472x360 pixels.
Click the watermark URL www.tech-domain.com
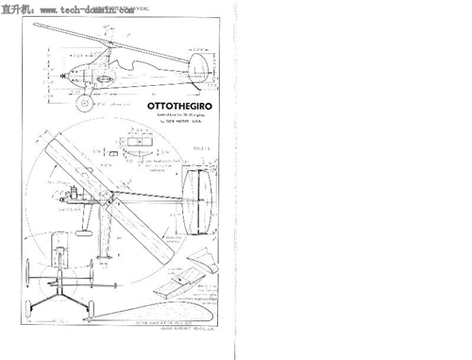pos(80,8)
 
